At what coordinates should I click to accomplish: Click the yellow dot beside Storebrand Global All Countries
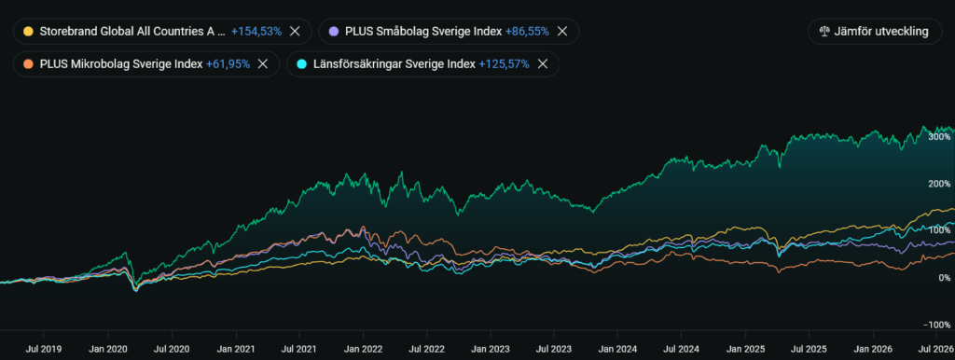(27, 31)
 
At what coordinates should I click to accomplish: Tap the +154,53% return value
(256, 31)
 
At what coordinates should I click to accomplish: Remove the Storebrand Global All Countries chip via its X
(295, 31)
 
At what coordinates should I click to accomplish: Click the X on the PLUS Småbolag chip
(562, 31)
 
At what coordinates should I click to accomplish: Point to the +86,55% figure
(528, 31)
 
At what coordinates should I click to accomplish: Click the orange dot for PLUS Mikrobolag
(27, 63)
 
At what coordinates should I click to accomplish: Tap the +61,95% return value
(228, 63)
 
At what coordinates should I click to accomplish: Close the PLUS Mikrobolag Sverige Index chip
(263, 63)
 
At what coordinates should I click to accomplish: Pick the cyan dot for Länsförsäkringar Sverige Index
(301, 63)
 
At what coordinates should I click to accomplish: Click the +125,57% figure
(505, 63)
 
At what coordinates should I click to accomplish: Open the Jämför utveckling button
(875, 31)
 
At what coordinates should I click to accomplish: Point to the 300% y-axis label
(939, 136)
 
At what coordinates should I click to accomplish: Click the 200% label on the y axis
(939, 184)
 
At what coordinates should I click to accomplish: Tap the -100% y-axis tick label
(938, 325)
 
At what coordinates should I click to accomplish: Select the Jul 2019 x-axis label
(43, 349)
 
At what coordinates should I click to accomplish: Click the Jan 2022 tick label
(364, 349)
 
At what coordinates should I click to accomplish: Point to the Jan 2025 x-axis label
(745, 349)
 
